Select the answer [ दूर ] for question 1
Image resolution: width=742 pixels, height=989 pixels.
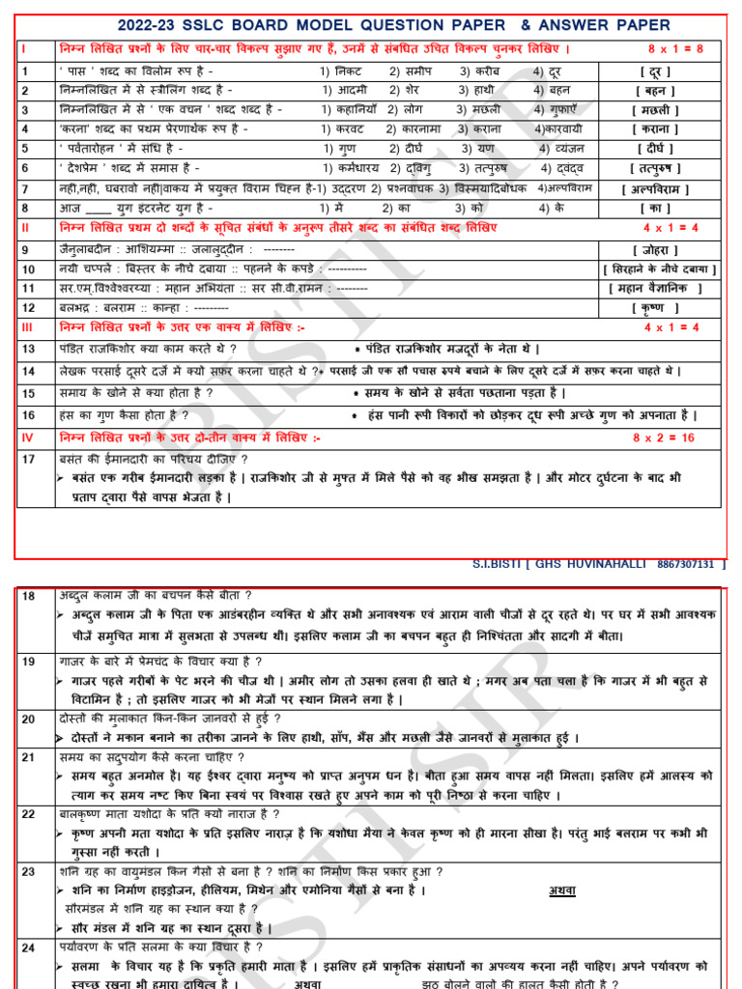point(655,71)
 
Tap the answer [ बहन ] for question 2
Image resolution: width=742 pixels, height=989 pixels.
point(655,91)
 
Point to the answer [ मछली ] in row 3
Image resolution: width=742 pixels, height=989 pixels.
point(655,110)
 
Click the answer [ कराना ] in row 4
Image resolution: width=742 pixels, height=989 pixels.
point(655,129)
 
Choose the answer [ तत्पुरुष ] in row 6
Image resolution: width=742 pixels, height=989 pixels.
point(655,168)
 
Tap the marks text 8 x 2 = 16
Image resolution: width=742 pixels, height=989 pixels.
point(664,438)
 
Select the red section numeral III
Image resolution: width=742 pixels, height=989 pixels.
point(27,327)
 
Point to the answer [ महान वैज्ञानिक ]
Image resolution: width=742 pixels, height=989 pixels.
point(654,288)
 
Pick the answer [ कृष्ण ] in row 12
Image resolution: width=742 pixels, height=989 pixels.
point(655,308)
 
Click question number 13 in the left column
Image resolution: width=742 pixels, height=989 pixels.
point(29,349)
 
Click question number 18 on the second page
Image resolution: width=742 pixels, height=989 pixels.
point(29,596)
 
